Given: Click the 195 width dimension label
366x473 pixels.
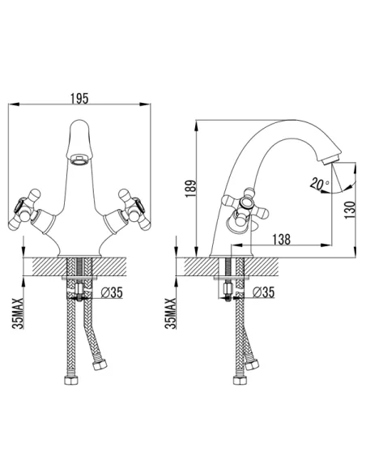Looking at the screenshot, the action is (79, 99).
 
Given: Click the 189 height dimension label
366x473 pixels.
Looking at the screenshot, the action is (190, 189).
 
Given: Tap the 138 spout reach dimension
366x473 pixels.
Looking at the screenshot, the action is (281, 239).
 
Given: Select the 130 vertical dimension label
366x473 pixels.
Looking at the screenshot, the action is (350, 210).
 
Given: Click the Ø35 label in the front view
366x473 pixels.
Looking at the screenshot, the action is (112, 292).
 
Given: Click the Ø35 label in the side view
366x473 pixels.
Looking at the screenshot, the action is (263, 292).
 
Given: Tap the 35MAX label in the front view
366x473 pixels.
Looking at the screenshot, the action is (18, 313).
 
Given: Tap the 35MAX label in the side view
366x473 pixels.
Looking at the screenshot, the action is (170, 313).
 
